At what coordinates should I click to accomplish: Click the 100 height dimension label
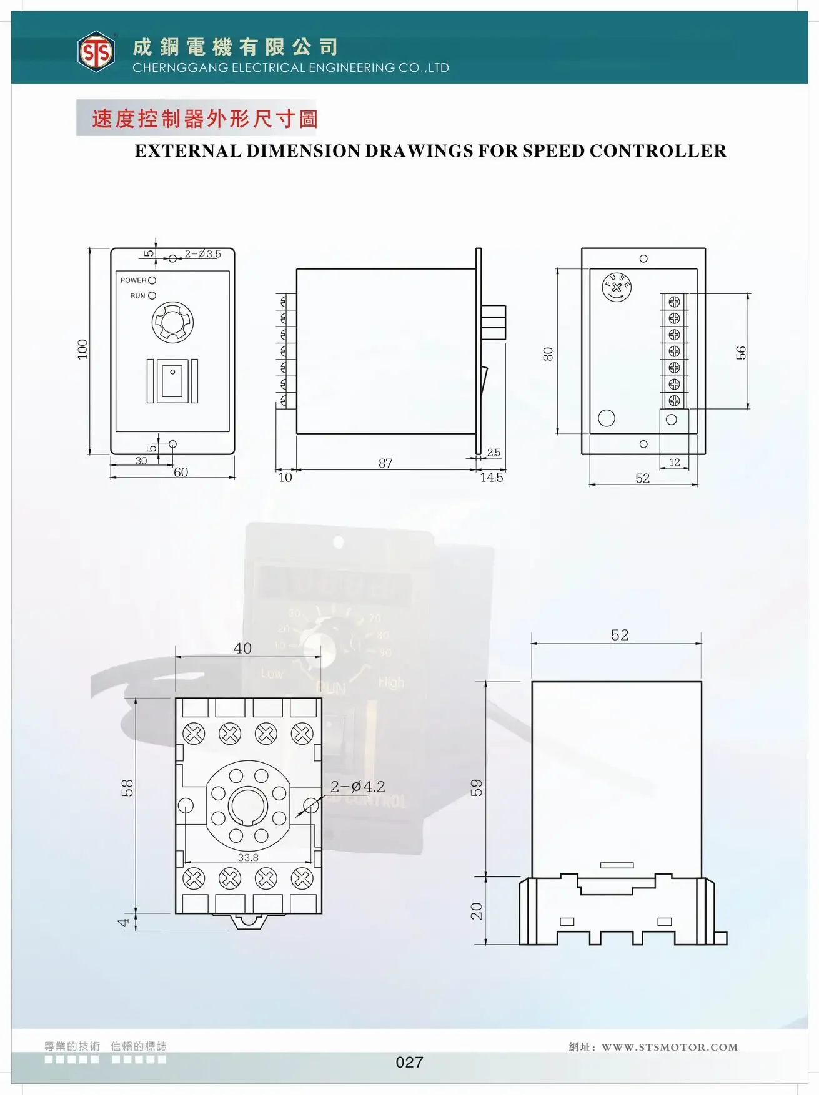[82, 349]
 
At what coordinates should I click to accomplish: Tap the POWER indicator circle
[152, 281]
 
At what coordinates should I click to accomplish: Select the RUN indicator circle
[152, 296]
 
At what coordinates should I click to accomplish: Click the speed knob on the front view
[172, 322]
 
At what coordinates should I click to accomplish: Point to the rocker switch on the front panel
[172, 381]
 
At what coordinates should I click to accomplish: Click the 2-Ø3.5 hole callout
[202, 254]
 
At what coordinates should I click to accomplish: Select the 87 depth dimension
[385, 463]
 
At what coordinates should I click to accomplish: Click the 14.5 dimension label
[492, 478]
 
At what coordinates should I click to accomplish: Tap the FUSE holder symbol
[617, 287]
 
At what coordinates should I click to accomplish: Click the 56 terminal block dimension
[741, 353]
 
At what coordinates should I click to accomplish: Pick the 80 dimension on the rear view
[548, 354]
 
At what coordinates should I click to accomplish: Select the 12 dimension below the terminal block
[674, 463]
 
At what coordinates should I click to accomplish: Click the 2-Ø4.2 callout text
[357, 787]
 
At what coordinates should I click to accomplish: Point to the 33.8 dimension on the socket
[248, 858]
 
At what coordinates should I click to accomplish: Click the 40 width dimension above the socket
[242, 649]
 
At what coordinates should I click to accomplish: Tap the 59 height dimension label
[476, 787]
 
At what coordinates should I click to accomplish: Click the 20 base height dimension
[476, 911]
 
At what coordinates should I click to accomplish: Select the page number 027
[409, 1062]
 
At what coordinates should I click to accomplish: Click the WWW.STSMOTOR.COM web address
[669, 1047]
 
